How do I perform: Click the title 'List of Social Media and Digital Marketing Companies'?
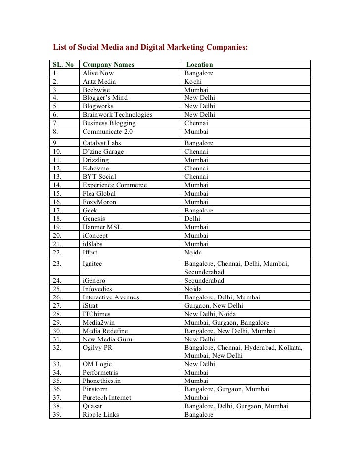click(x=150, y=47)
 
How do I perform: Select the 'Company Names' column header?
click(x=108, y=64)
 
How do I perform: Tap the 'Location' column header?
click(x=199, y=64)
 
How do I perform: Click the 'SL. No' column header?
click(x=63, y=64)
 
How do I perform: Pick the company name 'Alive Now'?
click(x=98, y=73)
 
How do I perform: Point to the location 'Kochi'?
click(x=193, y=81)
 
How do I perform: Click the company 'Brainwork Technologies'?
click(x=117, y=115)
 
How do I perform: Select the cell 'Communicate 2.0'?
click(x=107, y=132)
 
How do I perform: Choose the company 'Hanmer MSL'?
click(x=102, y=227)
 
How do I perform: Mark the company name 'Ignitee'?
click(x=92, y=264)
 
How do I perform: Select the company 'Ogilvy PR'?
click(x=97, y=347)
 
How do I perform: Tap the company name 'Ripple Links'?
click(x=100, y=415)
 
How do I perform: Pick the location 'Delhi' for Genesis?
click(x=192, y=218)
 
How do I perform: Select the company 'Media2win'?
click(x=100, y=322)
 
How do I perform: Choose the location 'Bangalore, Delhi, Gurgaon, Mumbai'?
click(x=236, y=406)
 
